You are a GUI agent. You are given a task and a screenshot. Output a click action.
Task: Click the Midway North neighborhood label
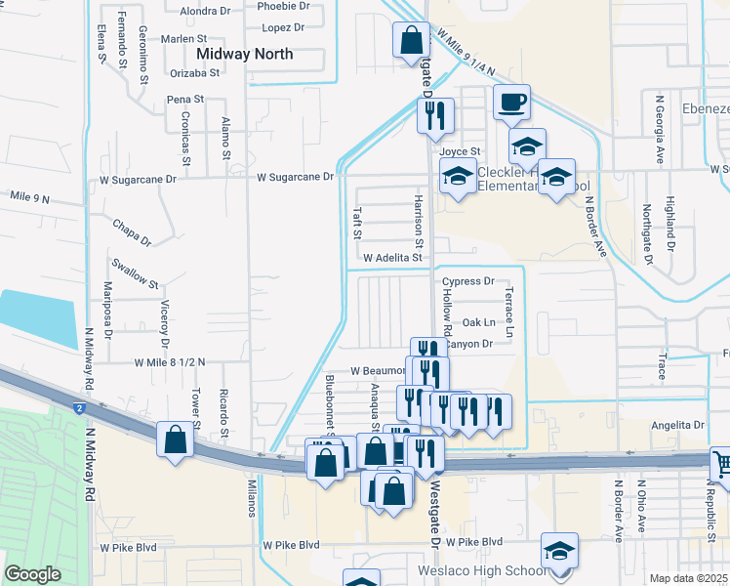(245, 54)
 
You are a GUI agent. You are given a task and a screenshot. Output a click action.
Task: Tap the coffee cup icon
(511, 102)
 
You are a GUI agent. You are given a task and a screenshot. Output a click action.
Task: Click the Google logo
(32, 575)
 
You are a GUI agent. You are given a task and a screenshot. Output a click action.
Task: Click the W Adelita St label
(392, 258)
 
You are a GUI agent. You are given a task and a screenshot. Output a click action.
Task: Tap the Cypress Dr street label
(468, 281)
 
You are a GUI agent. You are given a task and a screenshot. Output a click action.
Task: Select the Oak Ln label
(478, 322)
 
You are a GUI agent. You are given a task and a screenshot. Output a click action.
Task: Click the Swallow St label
(135, 273)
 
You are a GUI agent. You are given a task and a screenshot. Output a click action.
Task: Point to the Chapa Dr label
(132, 231)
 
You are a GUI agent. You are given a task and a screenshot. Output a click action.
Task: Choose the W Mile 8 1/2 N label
(171, 362)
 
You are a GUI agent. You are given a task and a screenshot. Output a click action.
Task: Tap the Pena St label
(184, 99)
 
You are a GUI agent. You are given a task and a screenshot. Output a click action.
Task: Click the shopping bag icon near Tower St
(175, 438)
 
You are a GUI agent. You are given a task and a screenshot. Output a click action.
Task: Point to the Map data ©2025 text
(688, 578)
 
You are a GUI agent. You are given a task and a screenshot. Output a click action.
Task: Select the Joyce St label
(460, 152)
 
